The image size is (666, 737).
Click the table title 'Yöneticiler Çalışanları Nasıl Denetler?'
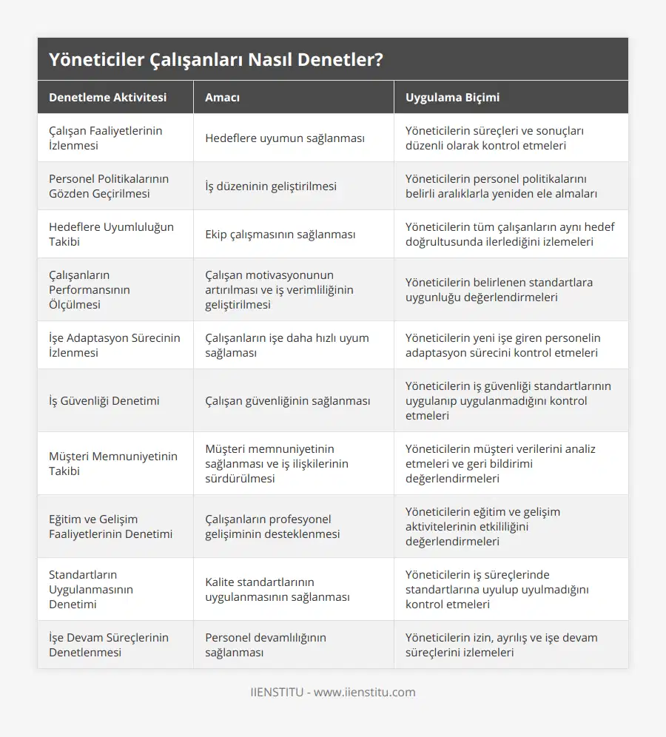216,60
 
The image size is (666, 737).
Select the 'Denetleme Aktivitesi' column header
107,98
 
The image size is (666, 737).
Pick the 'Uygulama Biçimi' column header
452,98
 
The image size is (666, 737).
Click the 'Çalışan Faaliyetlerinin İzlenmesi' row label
106,138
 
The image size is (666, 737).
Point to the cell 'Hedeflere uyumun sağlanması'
285,138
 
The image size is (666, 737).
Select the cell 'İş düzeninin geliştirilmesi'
271,186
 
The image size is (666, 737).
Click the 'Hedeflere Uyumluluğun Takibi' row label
111,234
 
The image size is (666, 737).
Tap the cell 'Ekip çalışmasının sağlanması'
280,234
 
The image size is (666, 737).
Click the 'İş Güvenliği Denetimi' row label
104,400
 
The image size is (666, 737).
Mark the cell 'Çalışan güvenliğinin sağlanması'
288,400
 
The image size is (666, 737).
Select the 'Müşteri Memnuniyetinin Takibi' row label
113,463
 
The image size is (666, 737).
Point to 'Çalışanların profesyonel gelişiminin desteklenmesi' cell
272,526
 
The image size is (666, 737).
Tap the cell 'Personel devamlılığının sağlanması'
266,645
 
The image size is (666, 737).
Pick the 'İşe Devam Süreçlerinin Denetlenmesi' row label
109,645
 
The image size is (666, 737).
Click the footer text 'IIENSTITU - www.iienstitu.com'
333,693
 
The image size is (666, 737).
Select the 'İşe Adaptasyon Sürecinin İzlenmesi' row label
115,345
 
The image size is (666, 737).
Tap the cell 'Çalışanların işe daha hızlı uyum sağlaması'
287,345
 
